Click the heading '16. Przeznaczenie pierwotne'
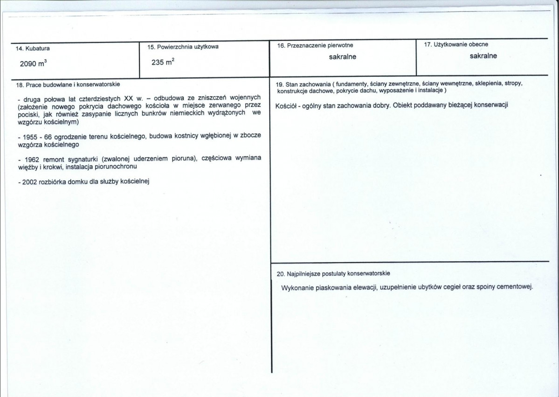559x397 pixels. pyautogui.click(x=315, y=45)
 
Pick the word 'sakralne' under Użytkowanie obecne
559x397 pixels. pyautogui.click(x=483, y=56)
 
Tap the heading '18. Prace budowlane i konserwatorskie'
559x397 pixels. pyautogui.click(x=68, y=84)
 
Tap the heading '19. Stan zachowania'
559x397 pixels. pyautogui.click(x=298, y=84)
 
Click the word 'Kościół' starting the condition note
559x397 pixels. pyautogui.click(x=286, y=104)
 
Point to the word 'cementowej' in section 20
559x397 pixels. pyautogui.click(x=515, y=286)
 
